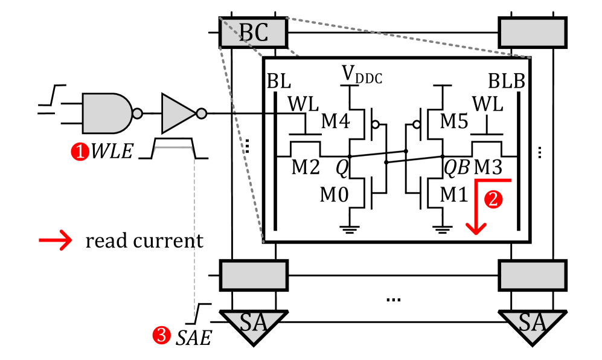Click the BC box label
(x=254, y=33)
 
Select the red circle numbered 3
(x=161, y=335)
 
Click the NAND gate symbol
(x=107, y=113)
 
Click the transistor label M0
(x=335, y=194)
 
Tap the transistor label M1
(x=455, y=194)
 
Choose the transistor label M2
(x=306, y=167)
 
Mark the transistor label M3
(x=488, y=167)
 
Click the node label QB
(x=456, y=168)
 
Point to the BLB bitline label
(x=506, y=82)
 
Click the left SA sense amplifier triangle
(x=254, y=325)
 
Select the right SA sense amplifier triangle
(x=533, y=325)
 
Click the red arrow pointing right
(x=56, y=240)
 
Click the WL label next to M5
(x=487, y=104)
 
